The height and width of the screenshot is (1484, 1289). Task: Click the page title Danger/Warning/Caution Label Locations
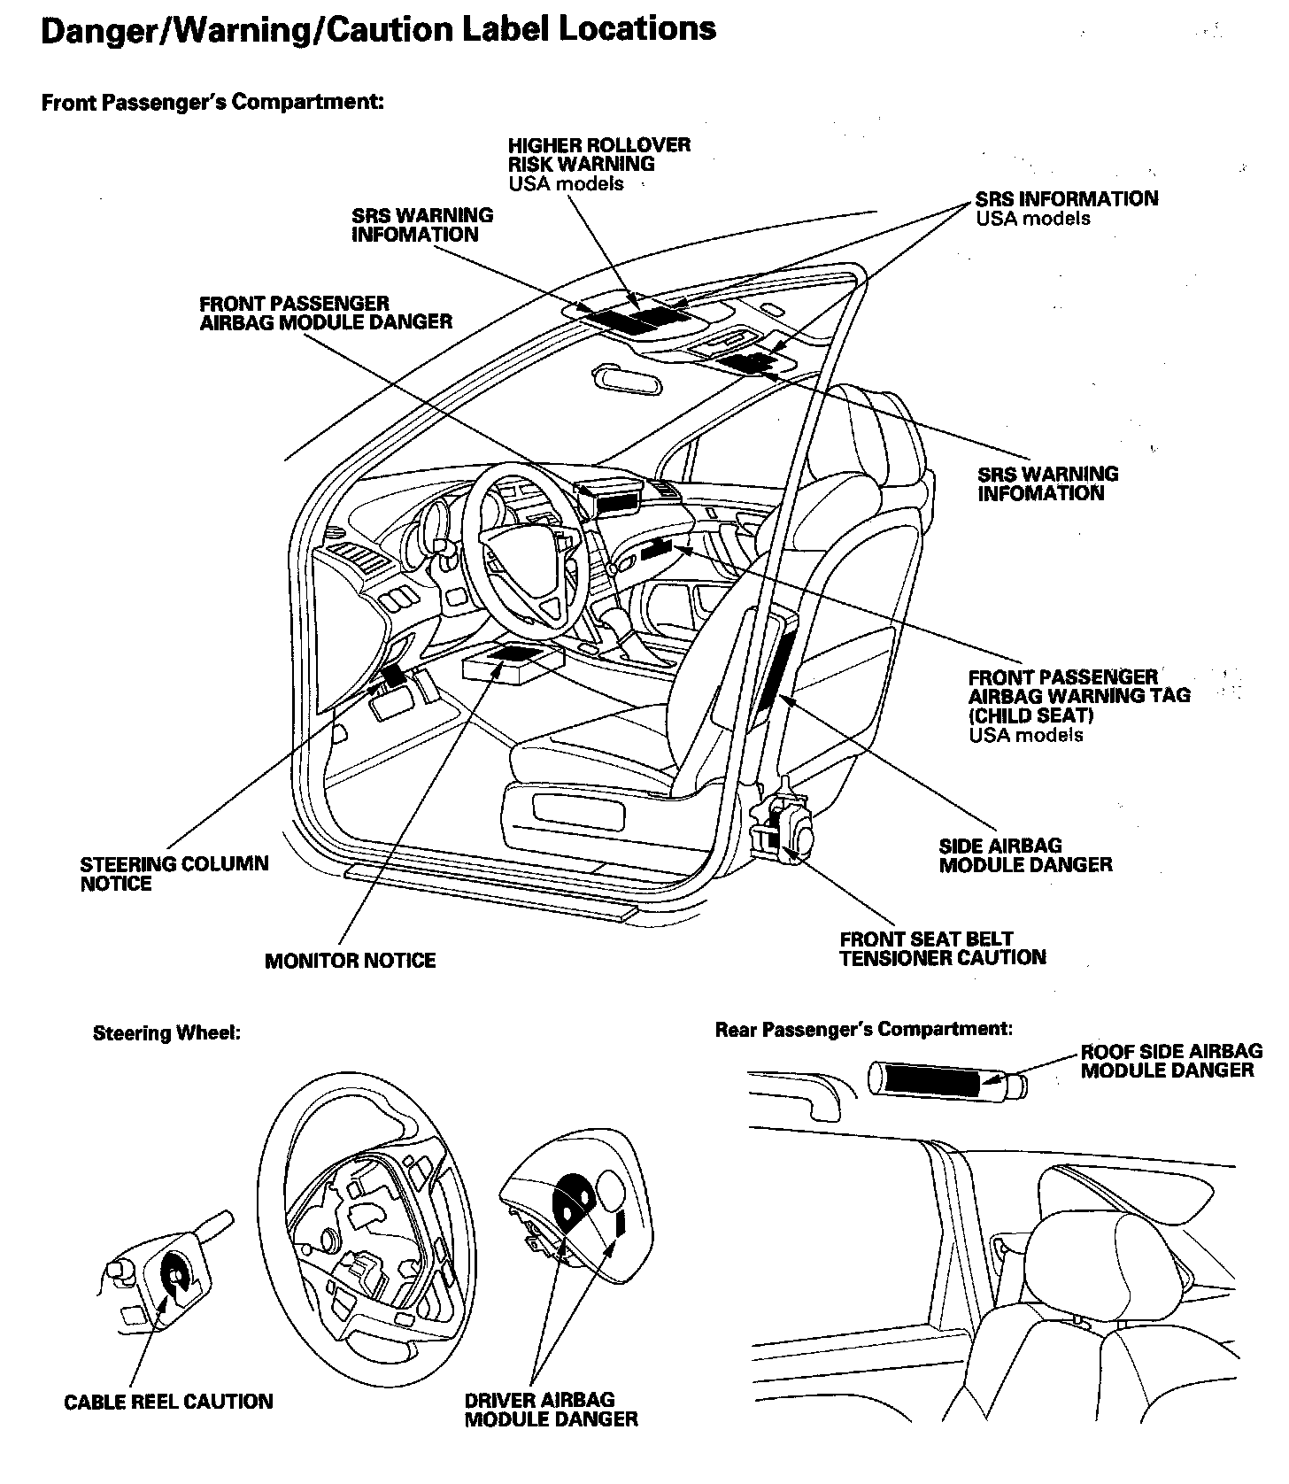[x=379, y=30]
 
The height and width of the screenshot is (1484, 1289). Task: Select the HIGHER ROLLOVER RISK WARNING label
[x=598, y=154]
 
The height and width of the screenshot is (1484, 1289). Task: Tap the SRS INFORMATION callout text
[x=1066, y=199]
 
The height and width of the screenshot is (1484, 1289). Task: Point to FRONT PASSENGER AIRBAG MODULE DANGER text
[x=325, y=313]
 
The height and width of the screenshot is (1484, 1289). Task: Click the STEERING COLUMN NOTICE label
[x=174, y=874]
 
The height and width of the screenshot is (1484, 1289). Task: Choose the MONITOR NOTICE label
[x=350, y=961]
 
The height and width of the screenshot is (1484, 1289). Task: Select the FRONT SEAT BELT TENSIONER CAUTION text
[x=942, y=948]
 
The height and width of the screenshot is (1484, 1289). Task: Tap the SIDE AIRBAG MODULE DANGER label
[x=1025, y=855]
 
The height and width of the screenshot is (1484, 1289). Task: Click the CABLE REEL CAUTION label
[x=168, y=1402]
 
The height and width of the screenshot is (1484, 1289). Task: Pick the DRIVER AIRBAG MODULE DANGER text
[x=551, y=1410]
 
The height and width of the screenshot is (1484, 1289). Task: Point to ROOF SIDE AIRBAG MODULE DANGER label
[x=1170, y=1061]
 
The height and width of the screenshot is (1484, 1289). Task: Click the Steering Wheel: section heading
[x=166, y=1033]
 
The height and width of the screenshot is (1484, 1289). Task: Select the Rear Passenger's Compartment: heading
[x=863, y=1029]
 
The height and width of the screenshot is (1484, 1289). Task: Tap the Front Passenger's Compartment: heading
[x=212, y=103]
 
